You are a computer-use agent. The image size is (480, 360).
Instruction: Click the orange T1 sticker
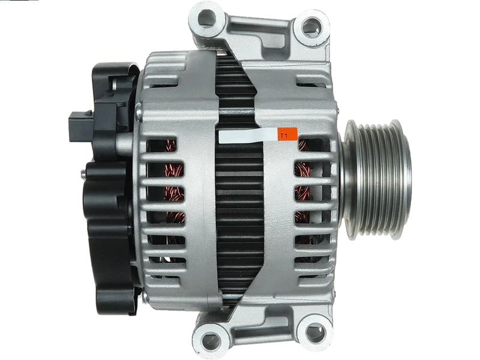(287, 134)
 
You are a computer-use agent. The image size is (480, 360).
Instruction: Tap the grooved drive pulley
(377, 178)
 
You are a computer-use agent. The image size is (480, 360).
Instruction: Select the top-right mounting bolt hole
(311, 27)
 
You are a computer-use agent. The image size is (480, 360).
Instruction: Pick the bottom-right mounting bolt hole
(316, 331)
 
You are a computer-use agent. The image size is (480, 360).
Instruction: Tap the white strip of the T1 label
(248, 136)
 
